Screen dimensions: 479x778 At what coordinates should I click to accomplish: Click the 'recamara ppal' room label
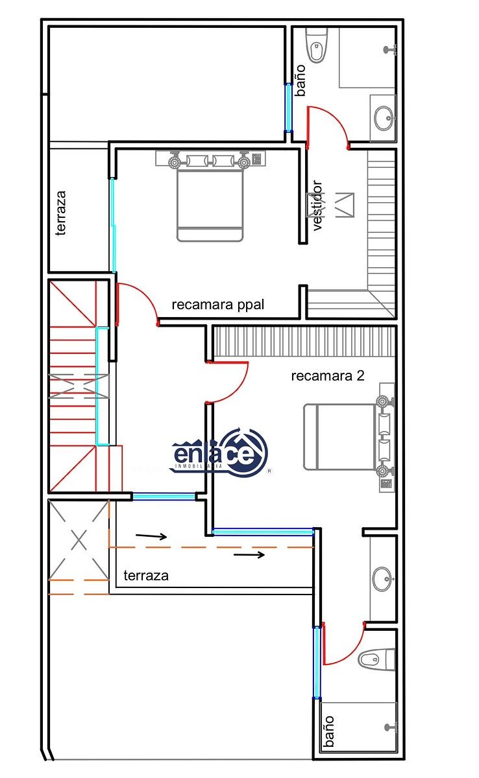pyautogui.click(x=218, y=305)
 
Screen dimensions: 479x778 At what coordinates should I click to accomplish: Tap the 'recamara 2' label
pyautogui.click(x=328, y=375)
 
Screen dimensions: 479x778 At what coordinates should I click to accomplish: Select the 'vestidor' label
pyautogui.click(x=318, y=205)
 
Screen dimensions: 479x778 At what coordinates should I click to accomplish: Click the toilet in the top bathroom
pyautogui.click(x=317, y=46)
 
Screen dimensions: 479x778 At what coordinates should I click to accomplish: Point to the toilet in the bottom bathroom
pyautogui.click(x=376, y=659)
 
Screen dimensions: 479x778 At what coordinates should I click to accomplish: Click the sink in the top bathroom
pyautogui.click(x=384, y=118)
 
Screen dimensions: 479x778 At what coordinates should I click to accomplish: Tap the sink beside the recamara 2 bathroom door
pyautogui.click(x=382, y=579)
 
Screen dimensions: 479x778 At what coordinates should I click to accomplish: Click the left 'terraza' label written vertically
pyautogui.click(x=61, y=213)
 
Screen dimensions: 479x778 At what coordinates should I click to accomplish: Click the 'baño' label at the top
pyautogui.click(x=301, y=80)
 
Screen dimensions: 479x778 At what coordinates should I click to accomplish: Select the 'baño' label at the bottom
pyautogui.click(x=328, y=731)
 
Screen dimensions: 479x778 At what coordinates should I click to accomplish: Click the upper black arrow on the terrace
pyautogui.click(x=151, y=536)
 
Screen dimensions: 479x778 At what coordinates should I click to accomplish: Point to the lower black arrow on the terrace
pyautogui.click(x=249, y=555)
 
